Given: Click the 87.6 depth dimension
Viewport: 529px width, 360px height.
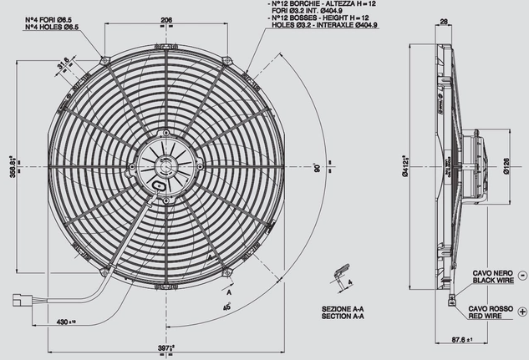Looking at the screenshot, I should coord(476,340).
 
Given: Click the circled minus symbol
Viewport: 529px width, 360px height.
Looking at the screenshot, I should coord(521,275).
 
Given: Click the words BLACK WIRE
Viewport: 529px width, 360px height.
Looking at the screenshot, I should coord(492,282).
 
